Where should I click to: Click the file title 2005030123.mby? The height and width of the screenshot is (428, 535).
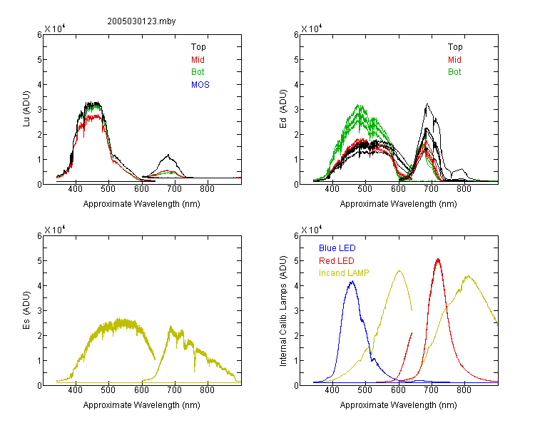141,21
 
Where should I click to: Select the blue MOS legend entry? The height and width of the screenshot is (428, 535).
200,85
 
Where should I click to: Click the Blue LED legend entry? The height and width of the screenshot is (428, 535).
337,248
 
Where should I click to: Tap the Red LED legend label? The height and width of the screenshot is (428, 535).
337,261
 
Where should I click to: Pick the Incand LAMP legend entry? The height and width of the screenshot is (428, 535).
344,273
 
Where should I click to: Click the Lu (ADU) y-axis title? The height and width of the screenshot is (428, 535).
26,109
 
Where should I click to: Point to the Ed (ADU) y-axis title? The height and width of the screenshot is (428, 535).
283,109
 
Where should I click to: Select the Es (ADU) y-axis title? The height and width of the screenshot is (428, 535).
26,310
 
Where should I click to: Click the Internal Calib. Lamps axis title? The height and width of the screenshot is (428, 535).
283,310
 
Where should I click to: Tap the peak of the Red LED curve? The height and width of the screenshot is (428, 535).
438,260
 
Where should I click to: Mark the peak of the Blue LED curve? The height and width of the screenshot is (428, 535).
352,282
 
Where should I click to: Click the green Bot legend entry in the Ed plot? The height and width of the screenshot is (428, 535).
454,72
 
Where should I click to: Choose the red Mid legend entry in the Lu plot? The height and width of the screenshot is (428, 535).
198,60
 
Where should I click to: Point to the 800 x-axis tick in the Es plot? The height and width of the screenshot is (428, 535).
207,390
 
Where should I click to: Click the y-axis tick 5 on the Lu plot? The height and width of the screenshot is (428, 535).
39,60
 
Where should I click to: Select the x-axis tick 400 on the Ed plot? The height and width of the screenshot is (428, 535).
332,189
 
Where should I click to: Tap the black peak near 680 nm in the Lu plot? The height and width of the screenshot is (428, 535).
168,156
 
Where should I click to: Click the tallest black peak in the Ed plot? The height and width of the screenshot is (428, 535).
427,104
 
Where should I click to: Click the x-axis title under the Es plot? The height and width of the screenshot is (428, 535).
142,405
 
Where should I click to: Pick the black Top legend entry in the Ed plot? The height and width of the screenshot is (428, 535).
455,47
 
